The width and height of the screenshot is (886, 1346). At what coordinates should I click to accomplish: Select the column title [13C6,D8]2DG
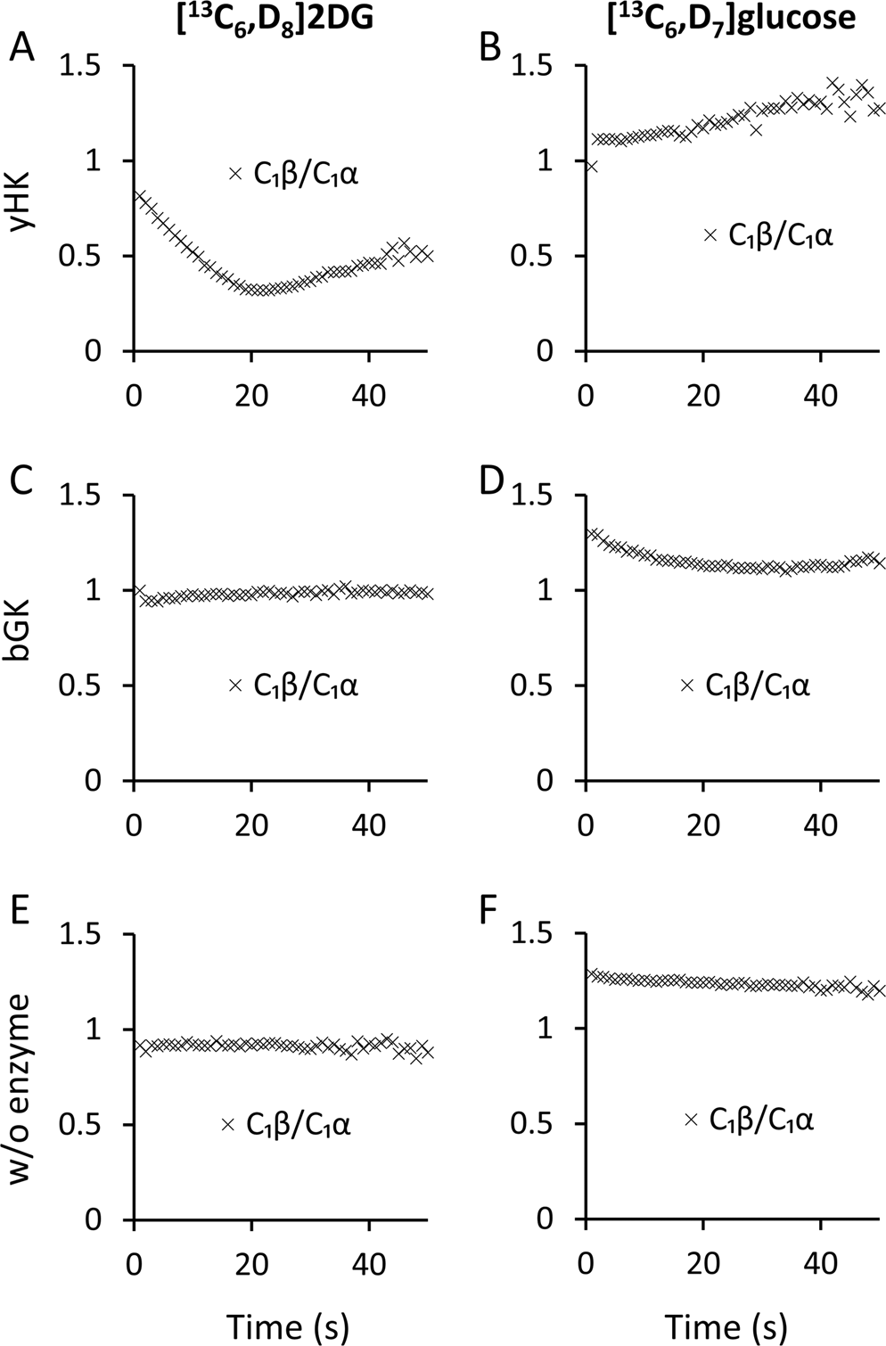(x=272, y=17)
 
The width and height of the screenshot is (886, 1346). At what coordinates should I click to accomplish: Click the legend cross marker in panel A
(x=235, y=174)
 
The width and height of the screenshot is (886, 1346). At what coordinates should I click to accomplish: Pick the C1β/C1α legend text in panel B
(x=781, y=235)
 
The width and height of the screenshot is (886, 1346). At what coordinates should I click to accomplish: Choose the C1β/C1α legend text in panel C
(x=306, y=685)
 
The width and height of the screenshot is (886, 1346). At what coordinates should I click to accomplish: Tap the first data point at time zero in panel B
(x=591, y=167)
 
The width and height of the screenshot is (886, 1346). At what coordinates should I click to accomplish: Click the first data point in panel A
(x=139, y=196)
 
